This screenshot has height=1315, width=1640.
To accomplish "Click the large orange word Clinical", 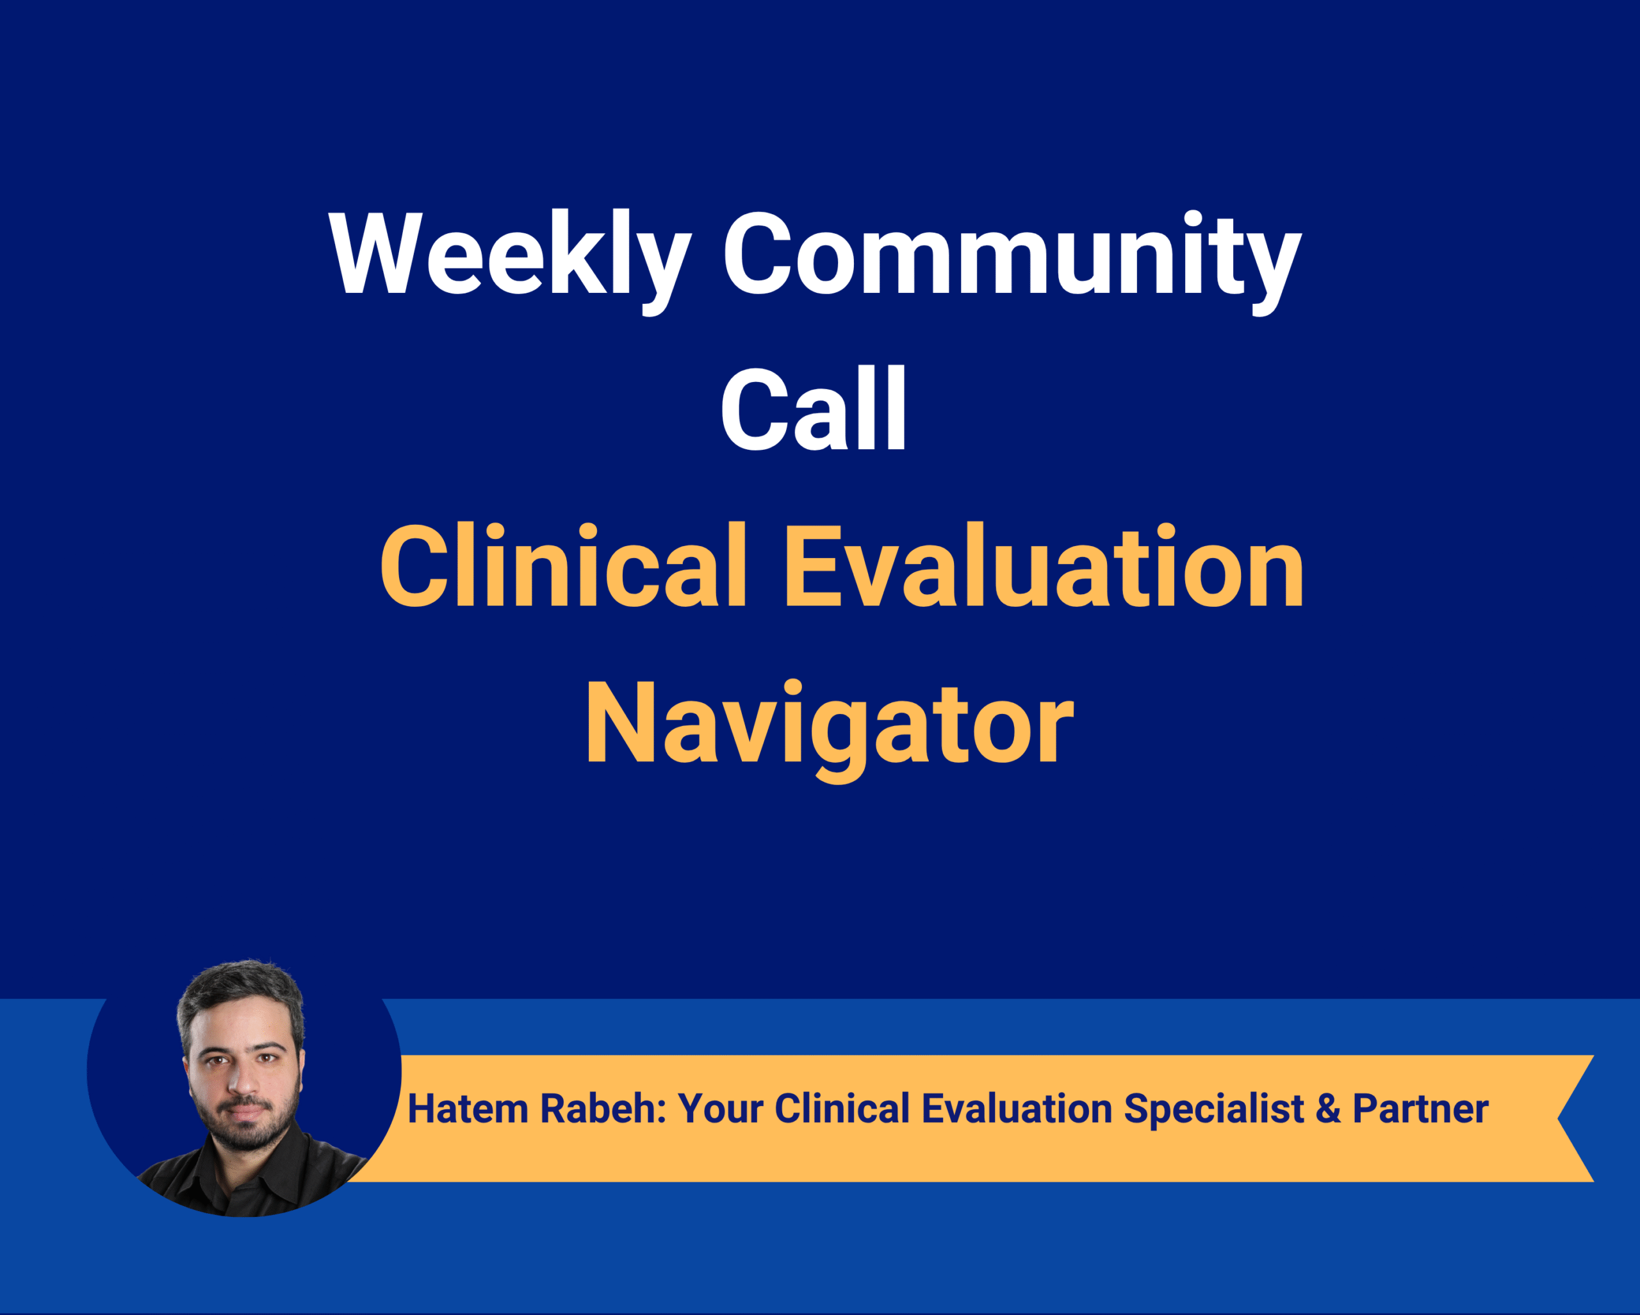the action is [x=564, y=565].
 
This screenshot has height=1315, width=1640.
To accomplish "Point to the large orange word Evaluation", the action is [x=1044, y=565].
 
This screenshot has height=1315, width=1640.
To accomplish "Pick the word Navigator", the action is [x=829, y=729].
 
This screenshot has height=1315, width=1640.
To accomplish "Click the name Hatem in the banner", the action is [x=468, y=1108].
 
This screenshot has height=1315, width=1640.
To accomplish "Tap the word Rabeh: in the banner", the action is [x=603, y=1108].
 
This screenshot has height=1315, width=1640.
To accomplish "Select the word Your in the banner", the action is [x=720, y=1108].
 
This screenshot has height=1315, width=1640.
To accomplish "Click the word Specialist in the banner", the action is [x=1214, y=1109].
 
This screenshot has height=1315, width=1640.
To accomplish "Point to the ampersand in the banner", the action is [x=1328, y=1109].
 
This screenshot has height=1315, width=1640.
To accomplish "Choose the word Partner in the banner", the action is [x=1420, y=1109].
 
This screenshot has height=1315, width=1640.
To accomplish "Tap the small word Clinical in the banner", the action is [x=842, y=1108].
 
